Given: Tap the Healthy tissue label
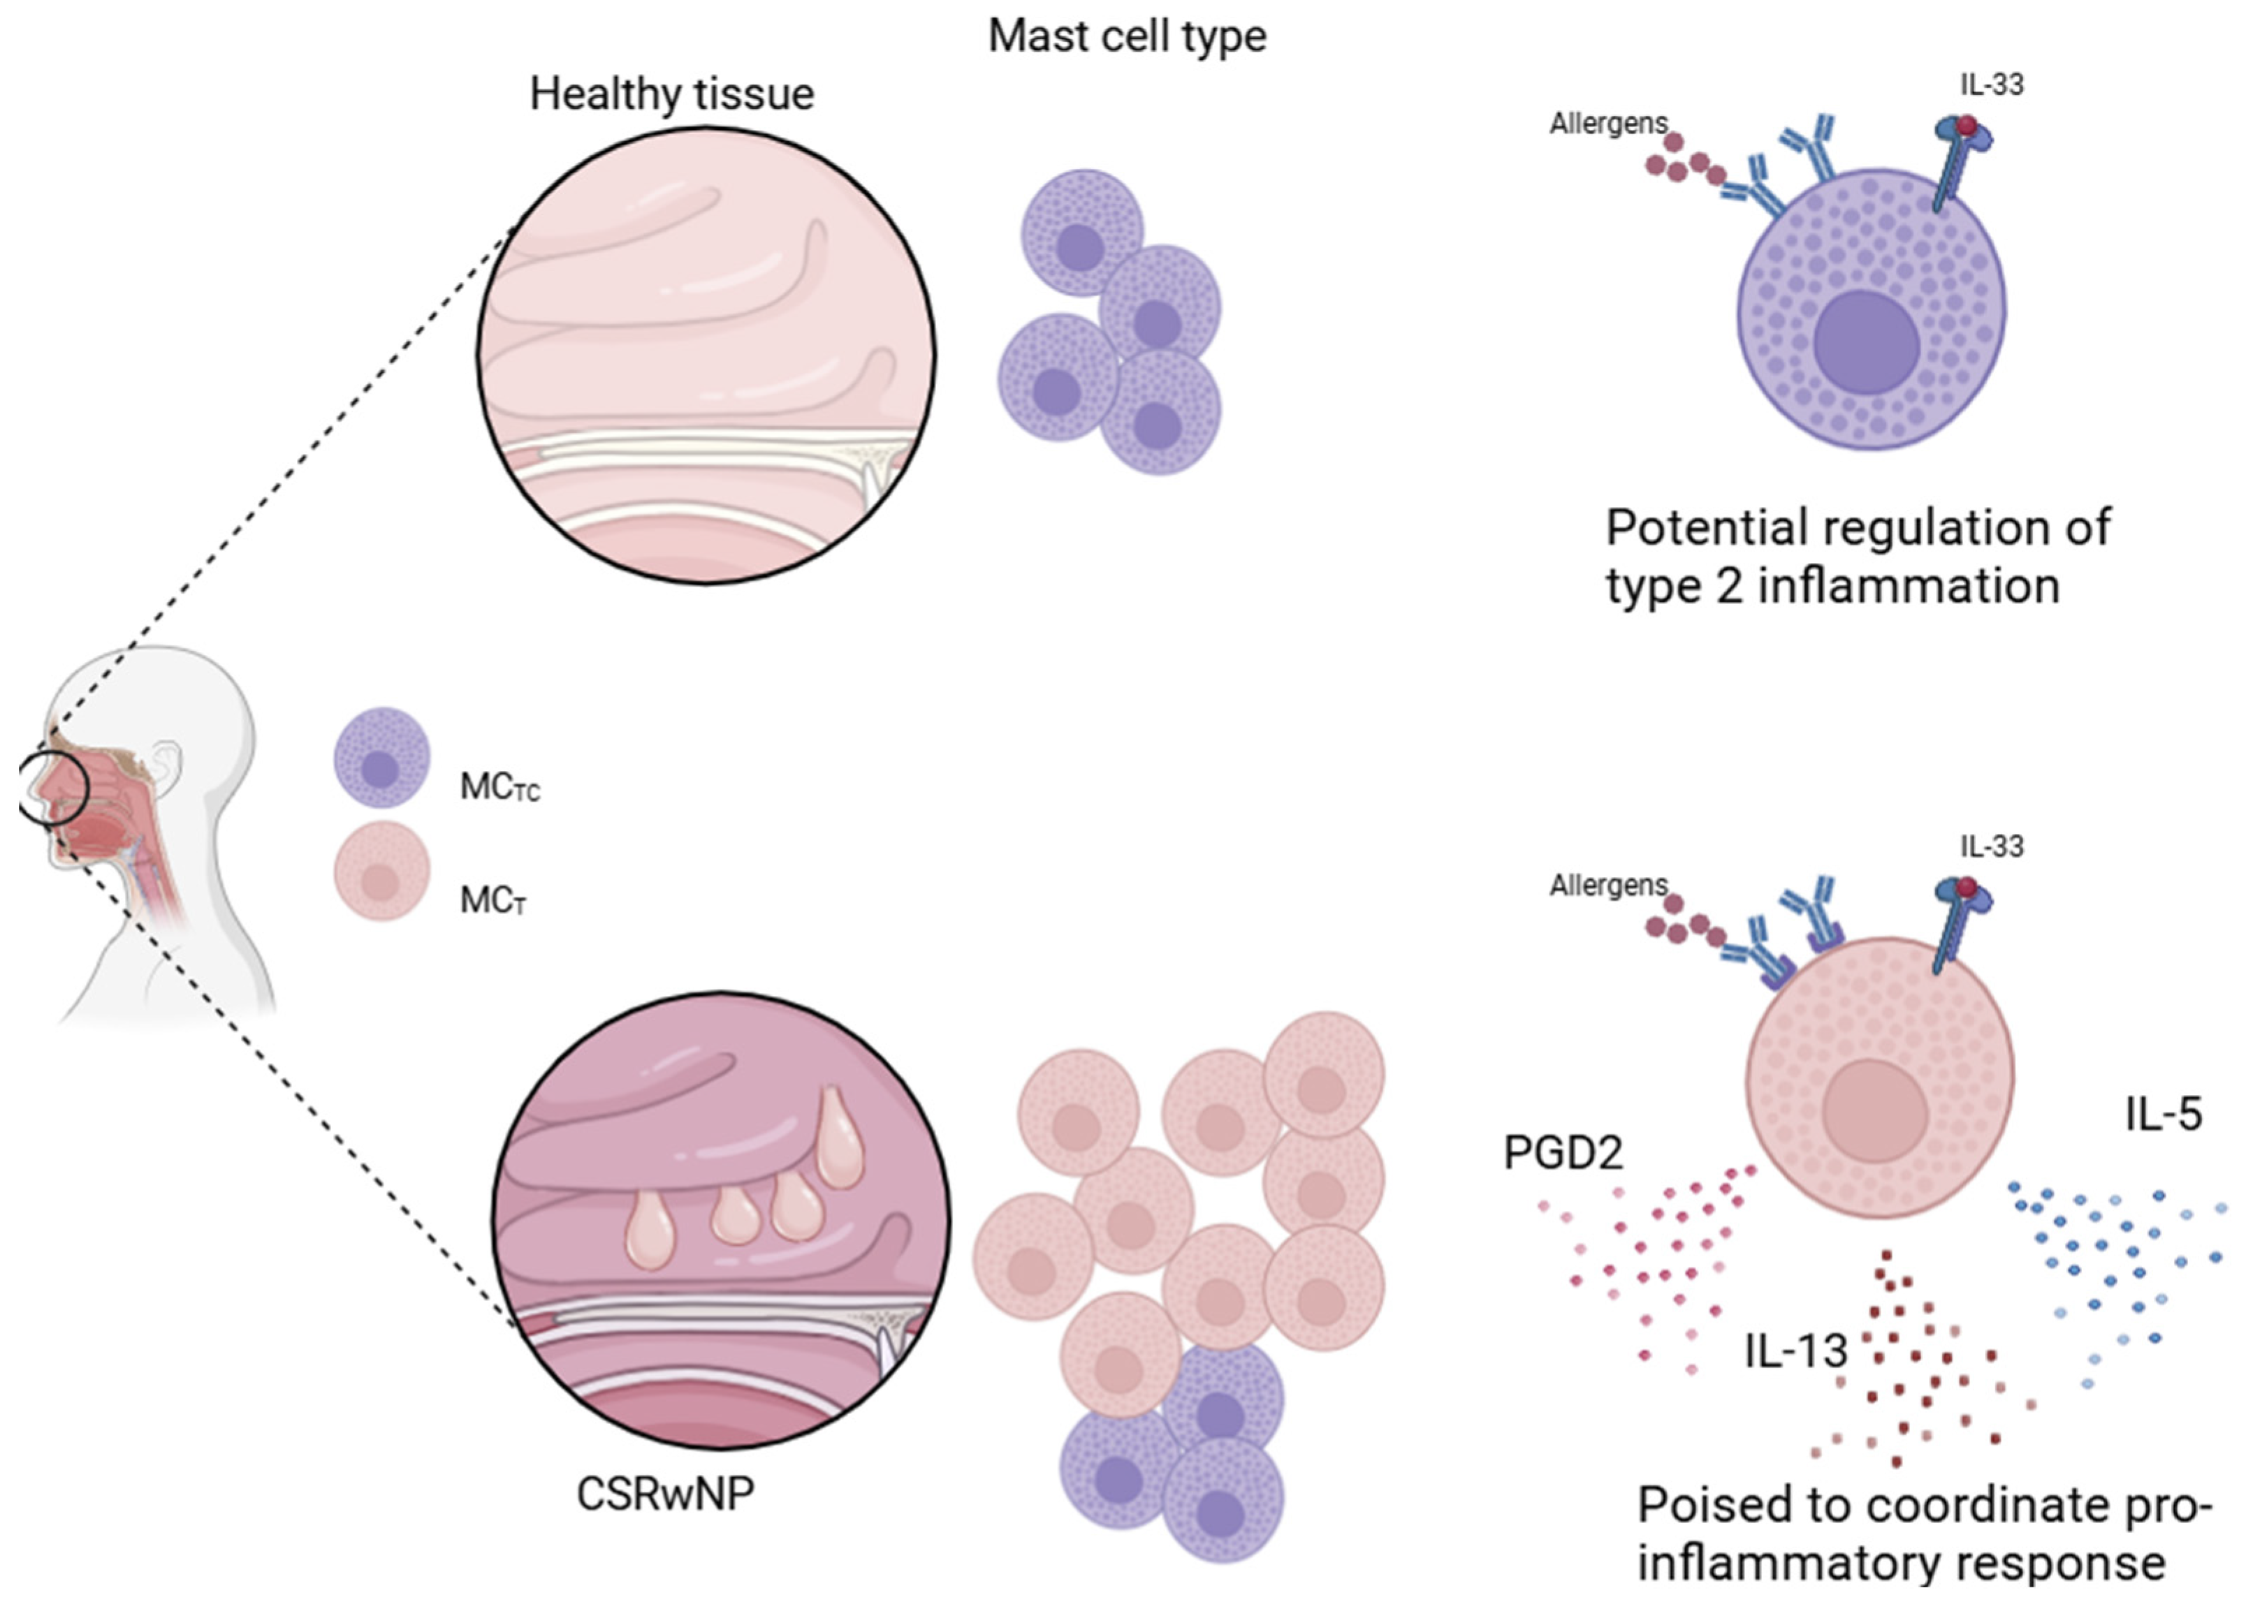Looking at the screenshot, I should click(x=672, y=95).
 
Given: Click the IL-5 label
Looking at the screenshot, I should click(x=2163, y=1115).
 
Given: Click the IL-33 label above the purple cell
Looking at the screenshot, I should click(x=1992, y=84).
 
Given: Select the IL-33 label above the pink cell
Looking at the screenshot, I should click(x=1992, y=846).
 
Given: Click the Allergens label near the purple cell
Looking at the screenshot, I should click(x=1607, y=124).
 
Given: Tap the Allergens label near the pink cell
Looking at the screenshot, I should click(x=1607, y=885).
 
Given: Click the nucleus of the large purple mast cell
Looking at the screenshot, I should click(x=1866, y=342).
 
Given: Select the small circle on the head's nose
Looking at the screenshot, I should click(x=54, y=786).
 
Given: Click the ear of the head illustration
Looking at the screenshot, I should click(x=166, y=761).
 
